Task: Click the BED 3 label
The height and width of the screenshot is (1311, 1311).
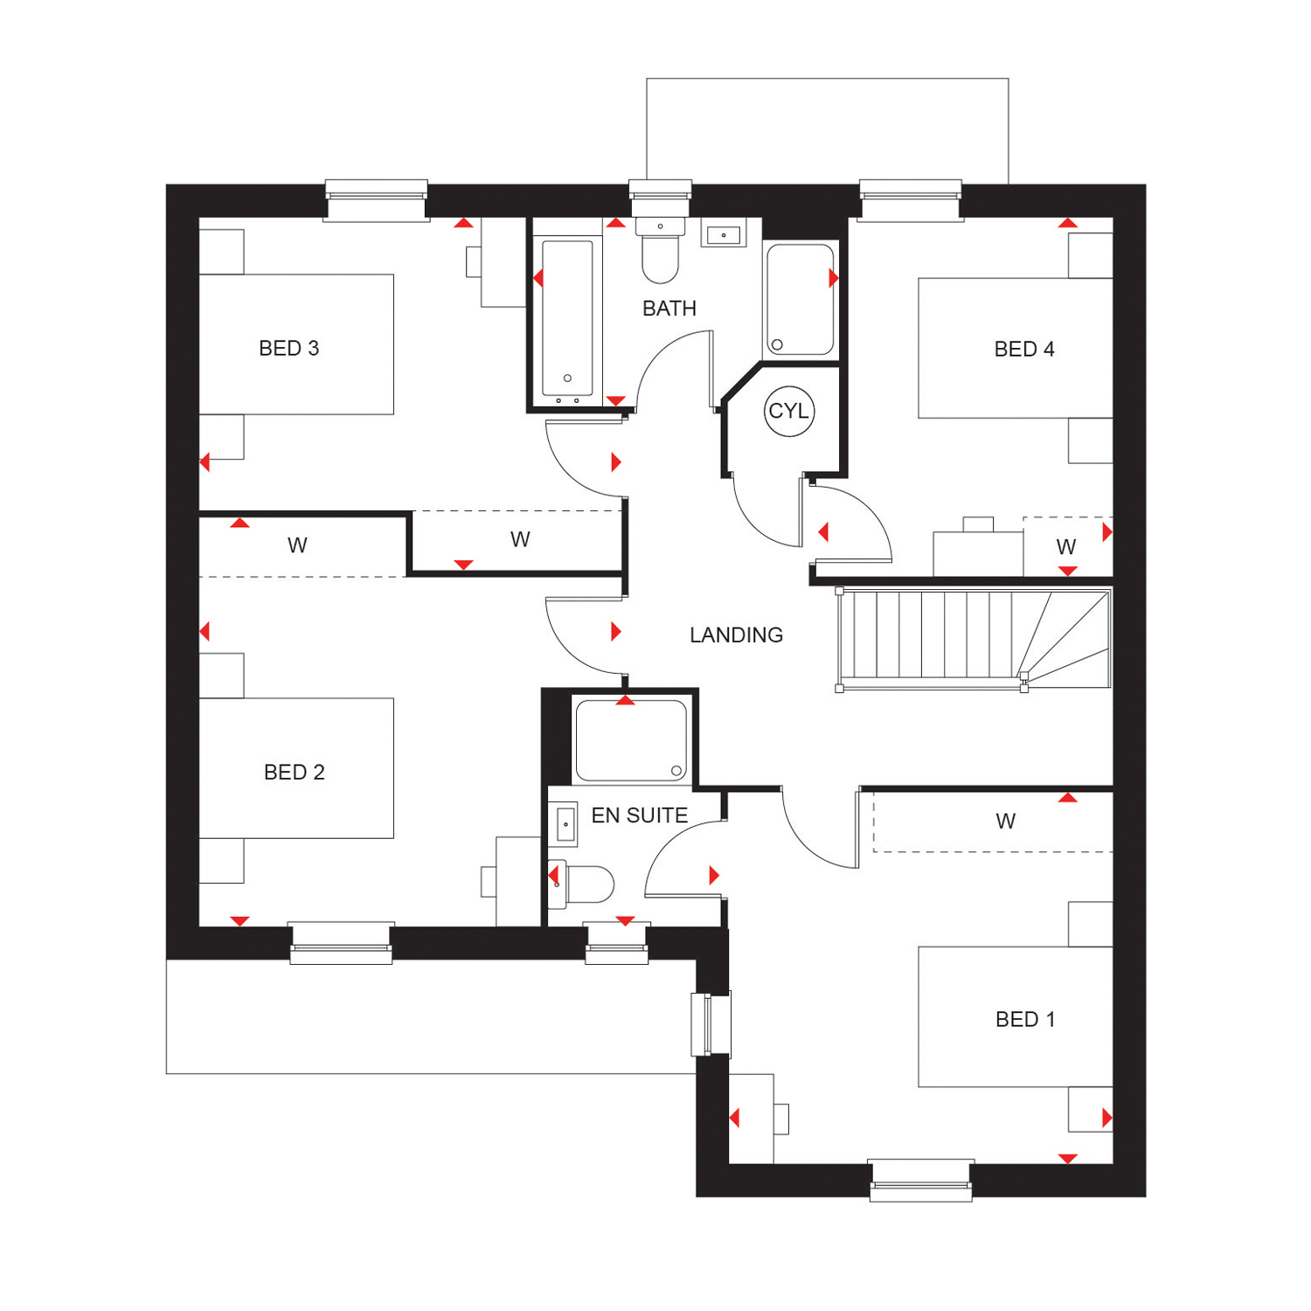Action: tap(288, 349)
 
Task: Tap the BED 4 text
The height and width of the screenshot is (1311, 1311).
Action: tap(1024, 350)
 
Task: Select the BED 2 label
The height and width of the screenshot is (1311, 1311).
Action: tap(294, 773)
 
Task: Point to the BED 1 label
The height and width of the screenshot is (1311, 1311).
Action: tap(1025, 1020)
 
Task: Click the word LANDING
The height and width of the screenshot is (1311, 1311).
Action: tap(736, 635)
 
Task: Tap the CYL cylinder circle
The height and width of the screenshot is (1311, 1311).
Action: tap(789, 411)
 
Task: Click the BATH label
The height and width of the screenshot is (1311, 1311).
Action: tap(669, 309)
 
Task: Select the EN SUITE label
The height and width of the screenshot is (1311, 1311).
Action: tap(640, 815)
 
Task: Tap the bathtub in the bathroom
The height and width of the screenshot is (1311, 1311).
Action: tap(567, 318)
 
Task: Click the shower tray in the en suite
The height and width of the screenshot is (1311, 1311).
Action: tap(630, 739)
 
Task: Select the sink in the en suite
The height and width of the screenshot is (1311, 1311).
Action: tap(565, 824)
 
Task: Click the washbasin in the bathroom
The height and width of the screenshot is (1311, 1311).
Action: tap(724, 234)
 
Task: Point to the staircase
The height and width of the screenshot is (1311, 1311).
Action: tap(974, 640)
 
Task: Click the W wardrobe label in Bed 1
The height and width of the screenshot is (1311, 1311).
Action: tap(1005, 822)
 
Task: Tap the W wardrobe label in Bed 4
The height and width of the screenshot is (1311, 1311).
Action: tap(1065, 547)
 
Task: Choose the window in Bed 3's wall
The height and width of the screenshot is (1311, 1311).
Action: tap(377, 201)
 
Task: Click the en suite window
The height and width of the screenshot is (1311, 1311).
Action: tap(616, 944)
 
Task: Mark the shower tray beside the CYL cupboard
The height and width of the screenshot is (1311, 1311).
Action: tap(801, 299)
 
